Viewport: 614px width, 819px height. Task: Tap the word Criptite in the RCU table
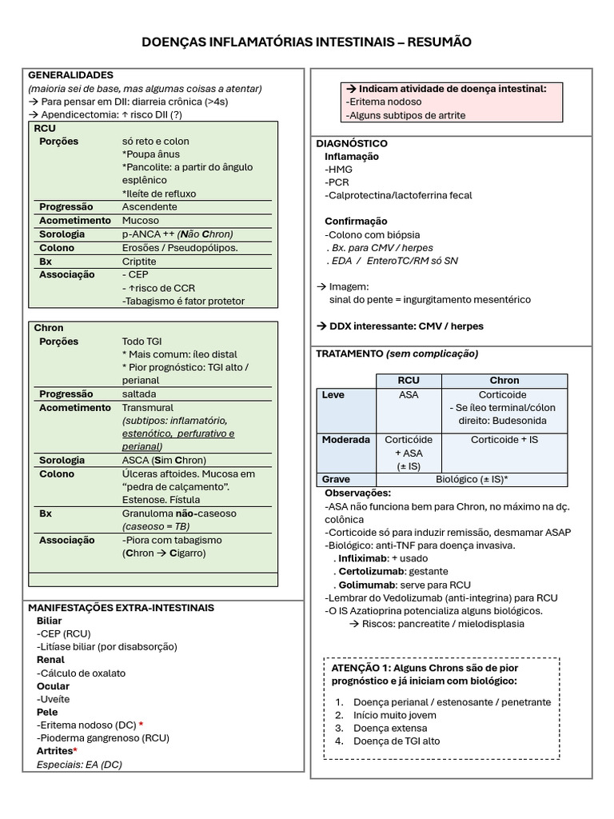tap(139, 261)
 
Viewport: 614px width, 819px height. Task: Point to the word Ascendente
tap(150, 207)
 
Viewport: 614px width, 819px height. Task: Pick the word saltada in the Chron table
tap(139, 394)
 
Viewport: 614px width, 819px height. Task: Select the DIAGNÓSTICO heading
tap(353, 143)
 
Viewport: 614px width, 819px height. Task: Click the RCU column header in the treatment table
tap(408, 381)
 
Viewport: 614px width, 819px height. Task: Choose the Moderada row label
tap(345, 440)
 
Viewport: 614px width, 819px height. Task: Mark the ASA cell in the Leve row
tap(408, 395)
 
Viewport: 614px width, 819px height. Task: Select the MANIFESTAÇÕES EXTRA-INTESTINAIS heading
tap(121, 608)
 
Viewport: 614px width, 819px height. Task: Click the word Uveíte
tap(54, 699)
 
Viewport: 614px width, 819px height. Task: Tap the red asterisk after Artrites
tap(75, 751)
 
